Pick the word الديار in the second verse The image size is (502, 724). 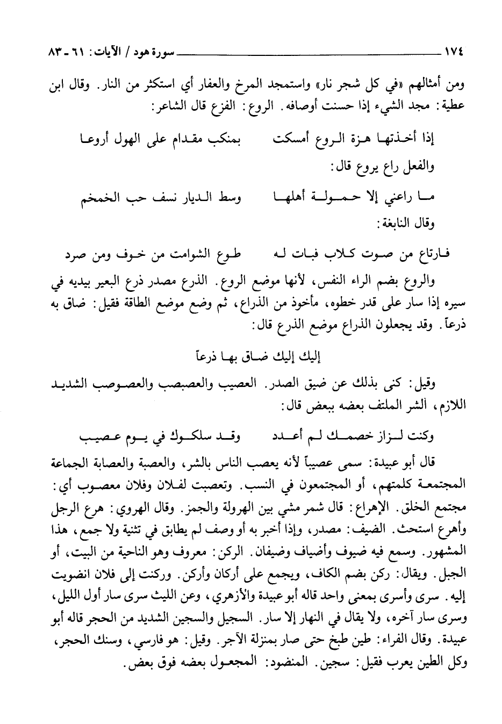[x=212, y=199]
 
